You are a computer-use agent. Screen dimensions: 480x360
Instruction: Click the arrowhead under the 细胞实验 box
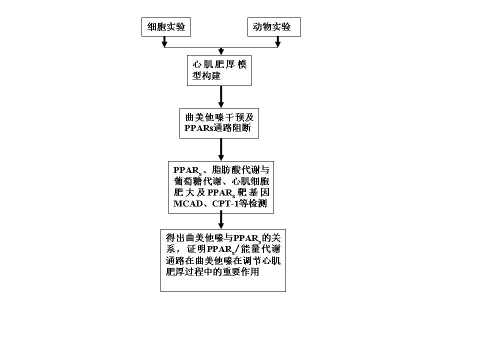pos(164,44)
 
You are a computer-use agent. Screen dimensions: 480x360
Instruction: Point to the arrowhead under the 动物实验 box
pos(277,44)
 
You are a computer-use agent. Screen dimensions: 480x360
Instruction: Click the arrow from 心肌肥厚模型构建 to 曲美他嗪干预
pos(221,96)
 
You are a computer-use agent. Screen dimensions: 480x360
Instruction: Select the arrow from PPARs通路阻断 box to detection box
pos(221,149)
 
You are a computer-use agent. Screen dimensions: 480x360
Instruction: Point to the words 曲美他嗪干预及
pos(219,117)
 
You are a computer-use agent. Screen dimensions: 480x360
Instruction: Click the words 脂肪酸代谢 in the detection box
pos(235,170)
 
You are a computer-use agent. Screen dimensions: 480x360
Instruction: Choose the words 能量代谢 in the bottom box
pos(261,249)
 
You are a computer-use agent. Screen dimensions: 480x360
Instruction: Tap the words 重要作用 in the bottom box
pos(240,272)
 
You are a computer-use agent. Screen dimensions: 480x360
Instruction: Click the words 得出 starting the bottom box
pos(175,238)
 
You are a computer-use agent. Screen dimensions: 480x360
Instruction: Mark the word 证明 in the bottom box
pos(196,249)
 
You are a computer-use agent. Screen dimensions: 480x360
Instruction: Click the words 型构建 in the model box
pos(206,75)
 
